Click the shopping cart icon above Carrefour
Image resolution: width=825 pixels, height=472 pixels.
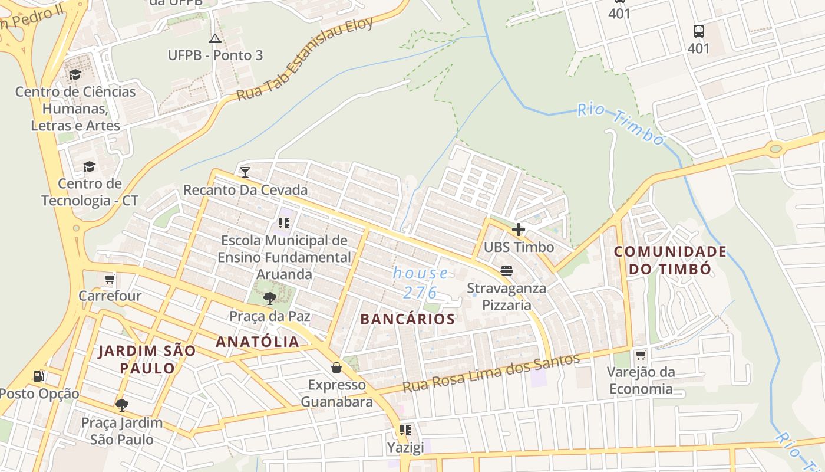(110, 278)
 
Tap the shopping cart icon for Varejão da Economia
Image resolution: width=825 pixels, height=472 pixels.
(641, 355)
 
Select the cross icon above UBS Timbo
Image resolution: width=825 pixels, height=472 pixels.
(519, 230)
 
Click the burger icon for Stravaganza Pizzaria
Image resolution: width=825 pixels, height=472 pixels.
(507, 271)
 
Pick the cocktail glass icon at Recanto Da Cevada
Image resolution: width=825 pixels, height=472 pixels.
(245, 172)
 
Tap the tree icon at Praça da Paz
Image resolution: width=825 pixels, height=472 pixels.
(270, 299)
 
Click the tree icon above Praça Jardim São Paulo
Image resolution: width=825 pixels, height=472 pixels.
(122, 405)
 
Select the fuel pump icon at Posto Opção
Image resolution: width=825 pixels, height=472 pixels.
(39, 376)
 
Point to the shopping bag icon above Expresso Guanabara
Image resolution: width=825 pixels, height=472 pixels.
(336, 368)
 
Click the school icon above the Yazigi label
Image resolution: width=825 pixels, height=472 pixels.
(405, 430)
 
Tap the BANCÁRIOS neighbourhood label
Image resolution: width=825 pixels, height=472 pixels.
(408, 319)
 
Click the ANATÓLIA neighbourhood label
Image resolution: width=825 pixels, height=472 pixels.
(258, 342)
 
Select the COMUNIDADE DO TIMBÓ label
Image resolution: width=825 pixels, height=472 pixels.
(670, 260)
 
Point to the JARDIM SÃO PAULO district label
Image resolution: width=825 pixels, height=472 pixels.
(147, 359)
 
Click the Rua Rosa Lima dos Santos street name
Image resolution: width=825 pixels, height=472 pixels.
(491, 373)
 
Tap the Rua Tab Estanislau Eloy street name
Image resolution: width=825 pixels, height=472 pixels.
(305, 59)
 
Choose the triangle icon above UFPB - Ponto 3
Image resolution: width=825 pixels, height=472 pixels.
(215, 39)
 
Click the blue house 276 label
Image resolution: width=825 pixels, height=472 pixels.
(421, 283)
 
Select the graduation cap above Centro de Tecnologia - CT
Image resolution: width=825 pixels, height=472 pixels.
(89, 166)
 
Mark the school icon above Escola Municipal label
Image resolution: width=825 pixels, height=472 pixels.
(284, 223)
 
